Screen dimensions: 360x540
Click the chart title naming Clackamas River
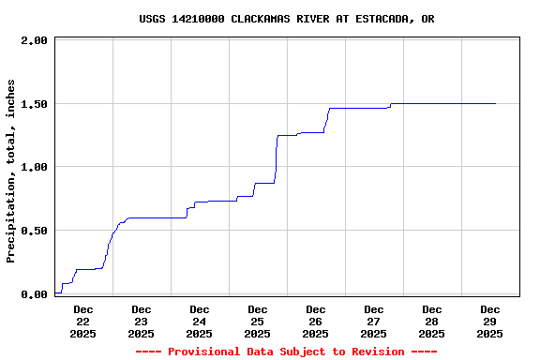click(x=286, y=19)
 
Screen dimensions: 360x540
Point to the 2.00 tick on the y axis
click(x=34, y=40)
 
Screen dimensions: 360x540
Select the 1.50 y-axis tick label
click(x=34, y=104)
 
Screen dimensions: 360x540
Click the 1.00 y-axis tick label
click(x=34, y=167)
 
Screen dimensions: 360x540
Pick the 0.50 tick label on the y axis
click(x=34, y=231)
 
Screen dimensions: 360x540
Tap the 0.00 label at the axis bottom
click(x=34, y=294)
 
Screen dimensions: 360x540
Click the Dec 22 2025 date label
click(x=82, y=321)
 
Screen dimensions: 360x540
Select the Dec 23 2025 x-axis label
click(x=141, y=321)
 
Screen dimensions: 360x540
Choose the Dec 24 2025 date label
click(x=199, y=321)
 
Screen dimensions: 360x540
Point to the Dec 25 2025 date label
click(x=257, y=321)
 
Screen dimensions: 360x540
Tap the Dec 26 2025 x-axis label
click(x=315, y=321)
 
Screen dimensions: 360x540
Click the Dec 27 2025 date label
click(x=373, y=321)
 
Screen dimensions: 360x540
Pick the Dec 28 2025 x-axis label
click(x=431, y=321)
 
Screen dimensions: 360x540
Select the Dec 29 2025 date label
click(x=489, y=321)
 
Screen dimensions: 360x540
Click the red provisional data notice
click(x=286, y=352)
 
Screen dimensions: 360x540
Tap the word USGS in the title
click(x=152, y=19)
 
